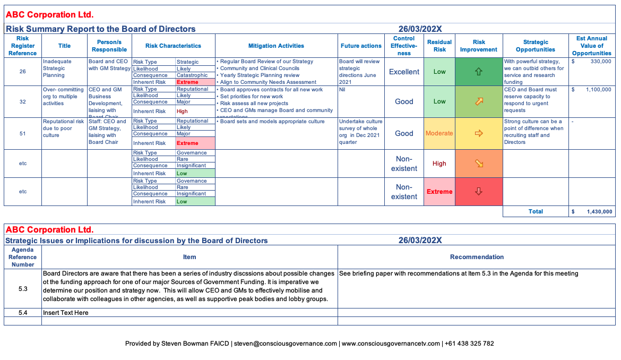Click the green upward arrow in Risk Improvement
pyautogui.click(x=479, y=72)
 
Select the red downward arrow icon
pyautogui.click(x=479, y=192)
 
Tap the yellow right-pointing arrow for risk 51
pyautogui.click(x=479, y=133)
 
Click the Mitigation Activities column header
pyautogui.click(x=276, y=46)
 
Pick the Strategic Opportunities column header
pyautogui.click(x=535, y=46)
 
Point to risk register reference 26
pyautogui.click(x=23, y=72)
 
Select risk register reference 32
pyautogui.click(x=23, y=101)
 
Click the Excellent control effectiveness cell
pyautogui.click(x=404, y=72)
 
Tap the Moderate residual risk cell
pyautogui.click(x=439, y=133)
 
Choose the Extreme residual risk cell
pyautogui.click(x=439, y=192)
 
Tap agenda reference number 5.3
pyautogui.click(x=23, y=288)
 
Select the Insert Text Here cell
pyautogui.click(x=66, y=313)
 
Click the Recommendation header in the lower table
pyautogui.click(x=477, y=257)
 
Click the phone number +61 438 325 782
pyautogui.click(x=470, y=344)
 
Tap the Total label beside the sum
pyautogui.click(x=536, y=211)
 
